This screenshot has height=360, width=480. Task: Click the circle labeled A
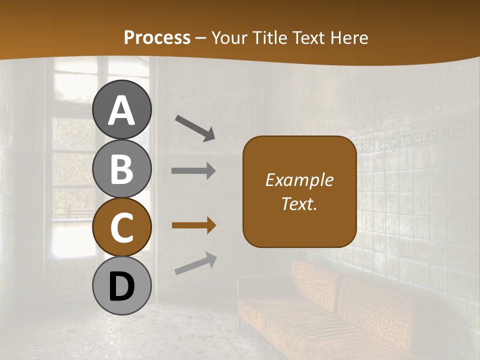point(121,109)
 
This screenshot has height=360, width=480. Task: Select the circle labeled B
point(121,168)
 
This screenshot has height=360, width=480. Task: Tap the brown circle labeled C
point(121,227)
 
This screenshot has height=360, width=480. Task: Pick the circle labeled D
point(121,285)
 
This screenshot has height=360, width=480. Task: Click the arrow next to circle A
point(195,128)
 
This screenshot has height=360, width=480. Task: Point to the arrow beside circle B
point(193,171)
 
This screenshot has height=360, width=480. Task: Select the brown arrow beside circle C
point(193,226)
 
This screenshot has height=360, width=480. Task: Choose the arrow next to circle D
point(195,264)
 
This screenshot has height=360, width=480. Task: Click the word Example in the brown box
point(299,180)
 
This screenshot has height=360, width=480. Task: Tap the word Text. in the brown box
point(299,203)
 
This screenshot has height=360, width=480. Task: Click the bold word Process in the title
point(157,37)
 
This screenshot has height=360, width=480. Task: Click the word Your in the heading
point(228,37)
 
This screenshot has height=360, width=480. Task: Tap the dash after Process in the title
point(201,38)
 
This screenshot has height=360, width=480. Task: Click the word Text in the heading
point(309,37)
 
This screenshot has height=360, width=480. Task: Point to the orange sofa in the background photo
point(330,310)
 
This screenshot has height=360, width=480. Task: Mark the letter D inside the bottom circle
point(121,286)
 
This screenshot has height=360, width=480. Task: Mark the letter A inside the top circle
point(121,110)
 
